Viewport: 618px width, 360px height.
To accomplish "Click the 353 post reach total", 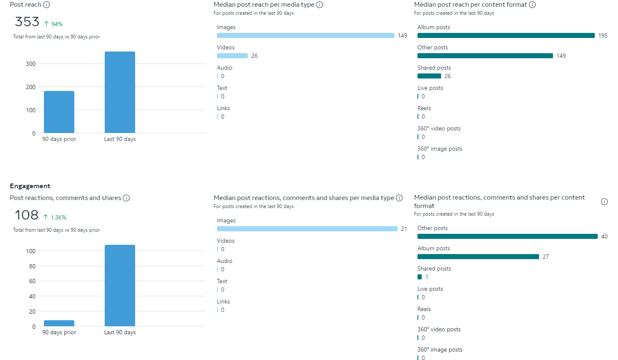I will [27, 22].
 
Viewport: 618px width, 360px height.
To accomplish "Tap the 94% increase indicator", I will [54, 24].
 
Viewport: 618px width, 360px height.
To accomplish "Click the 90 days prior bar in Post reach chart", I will [59, 112].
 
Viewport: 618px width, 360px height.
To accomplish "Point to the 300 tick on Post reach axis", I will [31, 64].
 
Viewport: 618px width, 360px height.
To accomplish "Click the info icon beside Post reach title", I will [46, 5].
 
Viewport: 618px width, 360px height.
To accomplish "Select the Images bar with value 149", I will [305, 35].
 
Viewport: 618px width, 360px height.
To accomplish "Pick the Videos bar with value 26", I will [232, 56].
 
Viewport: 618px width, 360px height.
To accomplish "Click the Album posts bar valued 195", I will [506, 35].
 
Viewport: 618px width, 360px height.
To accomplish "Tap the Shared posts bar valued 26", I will [429, 76].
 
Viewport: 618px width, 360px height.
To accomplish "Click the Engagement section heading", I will [30, 186].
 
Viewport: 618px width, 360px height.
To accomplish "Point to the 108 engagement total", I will [27, 215].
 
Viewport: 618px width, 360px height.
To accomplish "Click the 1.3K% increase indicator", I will [55, 217].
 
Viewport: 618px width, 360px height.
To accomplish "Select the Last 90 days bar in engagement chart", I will [120, 285].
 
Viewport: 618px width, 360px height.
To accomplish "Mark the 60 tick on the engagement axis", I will [33, 281].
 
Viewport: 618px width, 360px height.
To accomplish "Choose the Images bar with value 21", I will [307, 229].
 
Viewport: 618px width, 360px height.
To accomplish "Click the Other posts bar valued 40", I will [507, 236].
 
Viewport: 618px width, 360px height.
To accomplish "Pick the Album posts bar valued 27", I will [478, 257].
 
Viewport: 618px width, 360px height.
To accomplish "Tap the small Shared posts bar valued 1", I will [420, 277].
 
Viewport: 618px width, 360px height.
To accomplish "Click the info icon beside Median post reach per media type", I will [320, 5].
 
